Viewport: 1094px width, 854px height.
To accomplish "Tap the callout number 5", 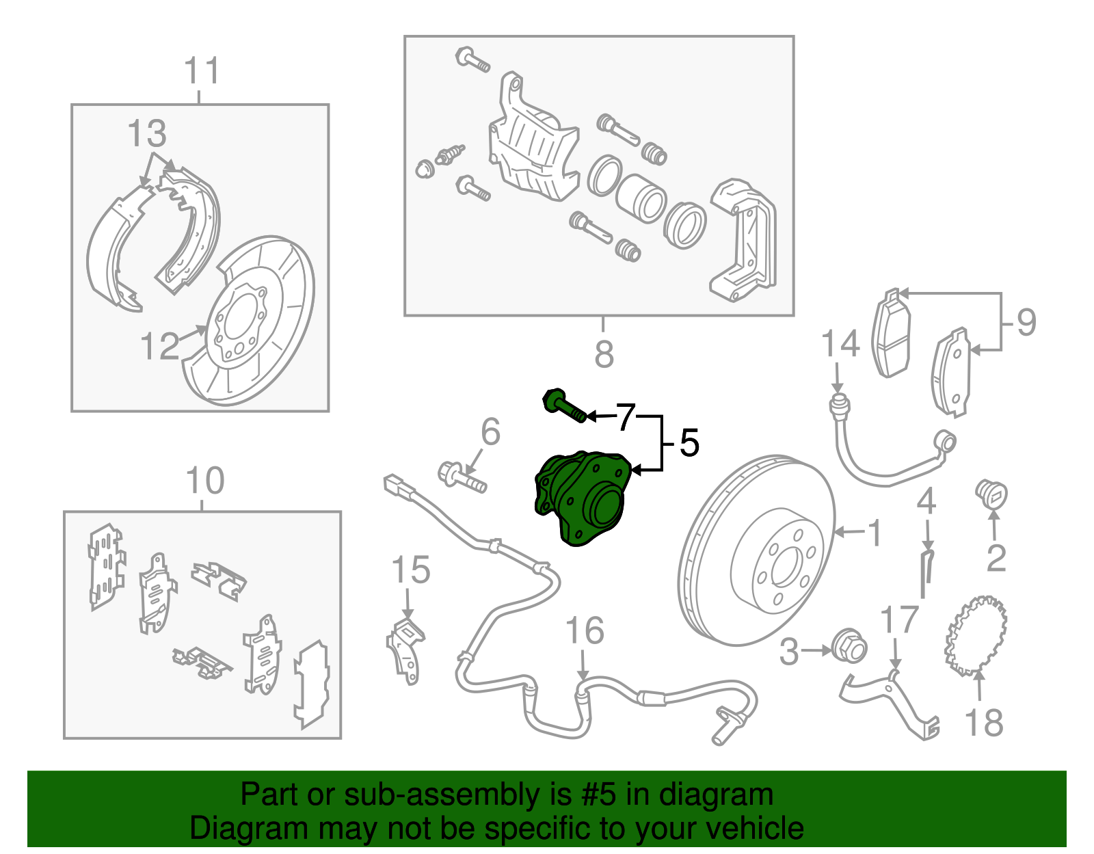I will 689,443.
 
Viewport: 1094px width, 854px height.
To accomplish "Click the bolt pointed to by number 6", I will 462,477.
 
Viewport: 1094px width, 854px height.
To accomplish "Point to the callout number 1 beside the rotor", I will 875,533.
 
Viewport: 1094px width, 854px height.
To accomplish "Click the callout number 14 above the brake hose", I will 840,345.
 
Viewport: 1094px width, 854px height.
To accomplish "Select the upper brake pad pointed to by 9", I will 892,334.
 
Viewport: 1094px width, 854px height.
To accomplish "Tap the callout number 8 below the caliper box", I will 604,354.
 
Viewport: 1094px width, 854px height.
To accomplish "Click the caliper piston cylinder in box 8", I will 641,198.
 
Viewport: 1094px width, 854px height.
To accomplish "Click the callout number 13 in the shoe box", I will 147,133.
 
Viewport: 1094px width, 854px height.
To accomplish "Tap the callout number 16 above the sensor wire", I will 585,630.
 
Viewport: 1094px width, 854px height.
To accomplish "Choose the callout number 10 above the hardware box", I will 204,481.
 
